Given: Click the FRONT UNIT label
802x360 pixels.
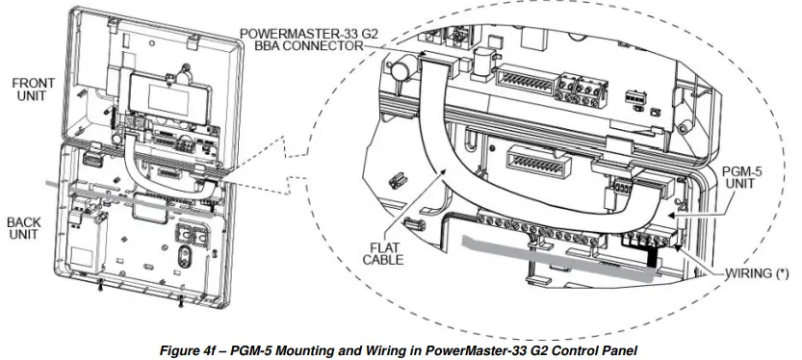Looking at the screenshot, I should [33, 91].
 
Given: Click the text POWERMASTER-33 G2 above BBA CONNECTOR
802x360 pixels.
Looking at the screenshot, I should [310, 33].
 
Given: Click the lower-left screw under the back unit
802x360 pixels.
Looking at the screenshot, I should [102, 283].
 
